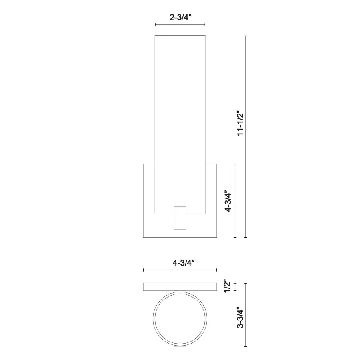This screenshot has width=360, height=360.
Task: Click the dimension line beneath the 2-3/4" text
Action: pyautogui.click(x=180, y=25)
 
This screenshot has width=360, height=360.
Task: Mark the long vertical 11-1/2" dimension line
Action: pyautogui.click(x=246, y=136)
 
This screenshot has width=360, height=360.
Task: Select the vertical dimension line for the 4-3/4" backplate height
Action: pyautogui.click(x=234, y=200)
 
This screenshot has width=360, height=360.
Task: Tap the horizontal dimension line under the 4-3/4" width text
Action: pyautogui.click(x=180, y=270)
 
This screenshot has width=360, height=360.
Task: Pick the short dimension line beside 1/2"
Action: pyautogui.click(x=234, y=287)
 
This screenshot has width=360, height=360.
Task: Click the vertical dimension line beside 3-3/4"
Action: pyautogui.click(x=246, y=316)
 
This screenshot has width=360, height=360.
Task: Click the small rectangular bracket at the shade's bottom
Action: pyautogui.click(x=180, y=218)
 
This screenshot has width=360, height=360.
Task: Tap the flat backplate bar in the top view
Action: pyautogui.click(x=160, y=287)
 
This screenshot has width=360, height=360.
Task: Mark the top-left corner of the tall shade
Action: pyautogui.click(x=155, y=36)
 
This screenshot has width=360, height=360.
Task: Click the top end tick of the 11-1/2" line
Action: pyautogui.click(x=246, y=36)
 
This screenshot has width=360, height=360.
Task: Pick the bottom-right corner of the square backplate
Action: pyautogui.click(x=216, y=237)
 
